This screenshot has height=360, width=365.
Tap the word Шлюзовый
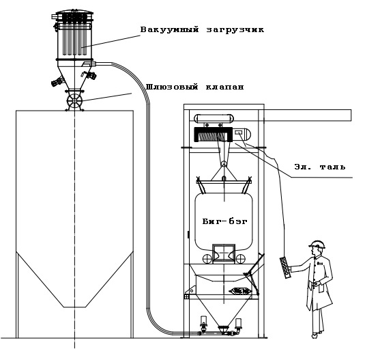click(x=167, y=87)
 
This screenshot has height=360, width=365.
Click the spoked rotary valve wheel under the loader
click(x=74, y=102)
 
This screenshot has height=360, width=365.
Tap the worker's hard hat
click(x=315, y=244)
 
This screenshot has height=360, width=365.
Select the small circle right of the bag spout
click(x=240, y=258)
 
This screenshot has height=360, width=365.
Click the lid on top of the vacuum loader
click(x=74, y=15)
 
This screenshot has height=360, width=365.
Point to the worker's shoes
click(x=316, y=334)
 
